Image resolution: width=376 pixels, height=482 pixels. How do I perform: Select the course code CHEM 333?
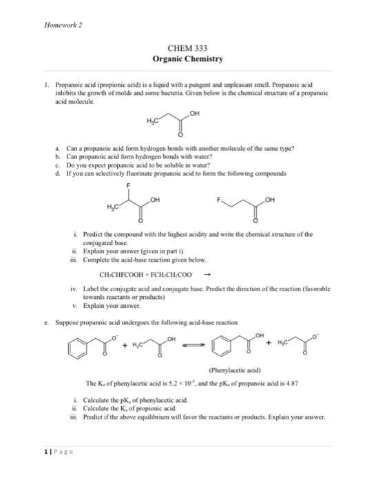187,48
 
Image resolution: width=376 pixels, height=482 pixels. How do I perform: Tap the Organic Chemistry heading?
187,60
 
